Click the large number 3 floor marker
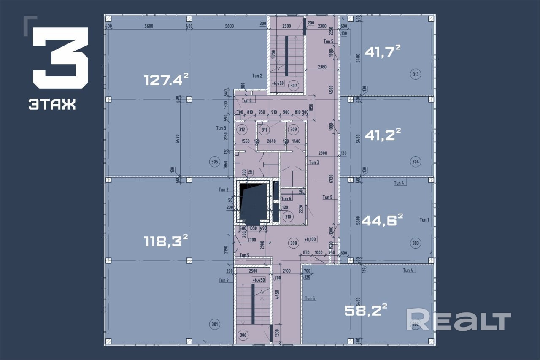tap(60, 58)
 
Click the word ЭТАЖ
tap(52, 104)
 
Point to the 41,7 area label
tap(382, 51)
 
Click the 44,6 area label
tap(382, 220)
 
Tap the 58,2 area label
tap(366, 310)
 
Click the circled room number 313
tap(416, 75)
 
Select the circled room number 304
tap(416, 161)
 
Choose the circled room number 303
tap(416, 243)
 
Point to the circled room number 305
tap(215, 161)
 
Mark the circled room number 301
tap(215, 324)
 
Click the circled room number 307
tap(294, 86)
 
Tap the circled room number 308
tap(294, 242)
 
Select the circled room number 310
tap(288, 217)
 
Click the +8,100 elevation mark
tap(310, 239)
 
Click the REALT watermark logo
tap(458, 319)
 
